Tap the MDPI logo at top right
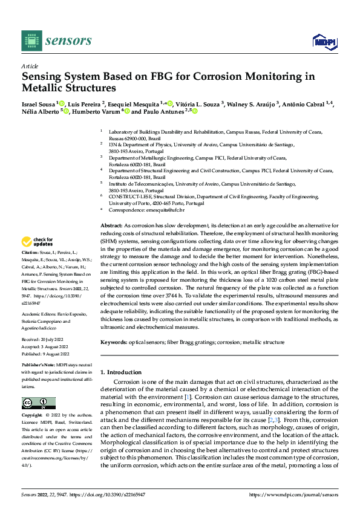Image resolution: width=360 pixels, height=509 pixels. [322, 41]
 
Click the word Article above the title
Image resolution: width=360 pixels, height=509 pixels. [30, 66]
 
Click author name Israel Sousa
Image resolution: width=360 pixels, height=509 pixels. [38, 104]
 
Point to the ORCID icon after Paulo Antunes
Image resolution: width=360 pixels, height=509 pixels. [178, 112]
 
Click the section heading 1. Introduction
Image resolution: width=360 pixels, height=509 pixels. [121, 372]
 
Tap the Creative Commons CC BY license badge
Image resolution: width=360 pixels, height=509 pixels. [38, 403]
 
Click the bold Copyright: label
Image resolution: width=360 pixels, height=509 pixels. [33, 416]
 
